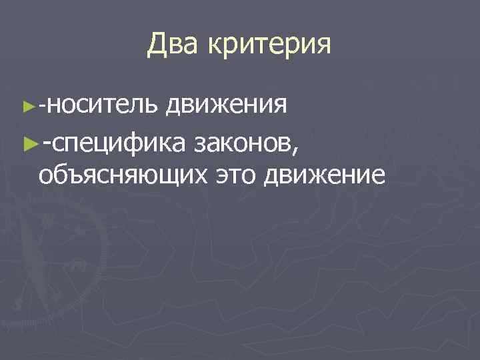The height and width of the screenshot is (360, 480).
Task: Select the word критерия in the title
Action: click(270, 47)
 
